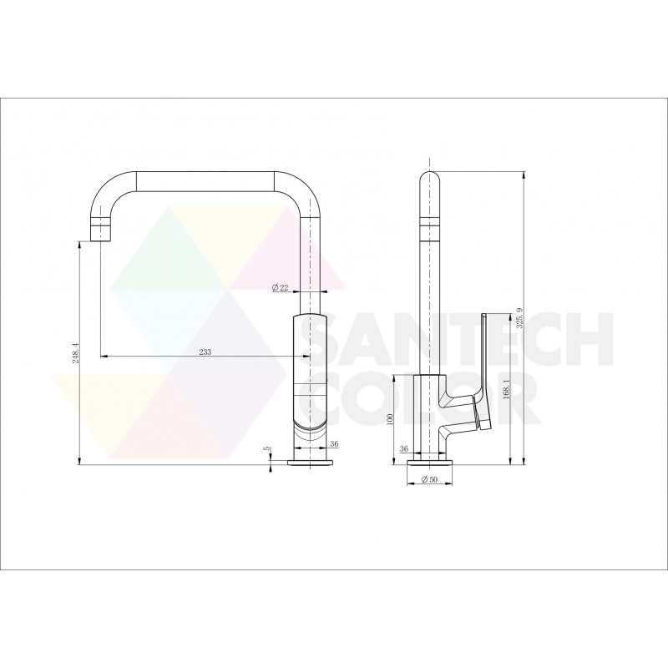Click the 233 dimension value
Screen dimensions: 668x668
[x=205, y=352]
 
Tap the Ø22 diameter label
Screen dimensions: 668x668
[x=281, y=288]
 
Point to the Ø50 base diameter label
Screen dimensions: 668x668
[x=429, y=479]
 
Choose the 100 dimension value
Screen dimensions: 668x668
[x=388, y=419]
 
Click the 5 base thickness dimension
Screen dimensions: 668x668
[x=266, y=448]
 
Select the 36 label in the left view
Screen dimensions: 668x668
[x=334, y=444]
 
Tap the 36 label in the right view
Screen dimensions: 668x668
[x=404, y=448]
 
